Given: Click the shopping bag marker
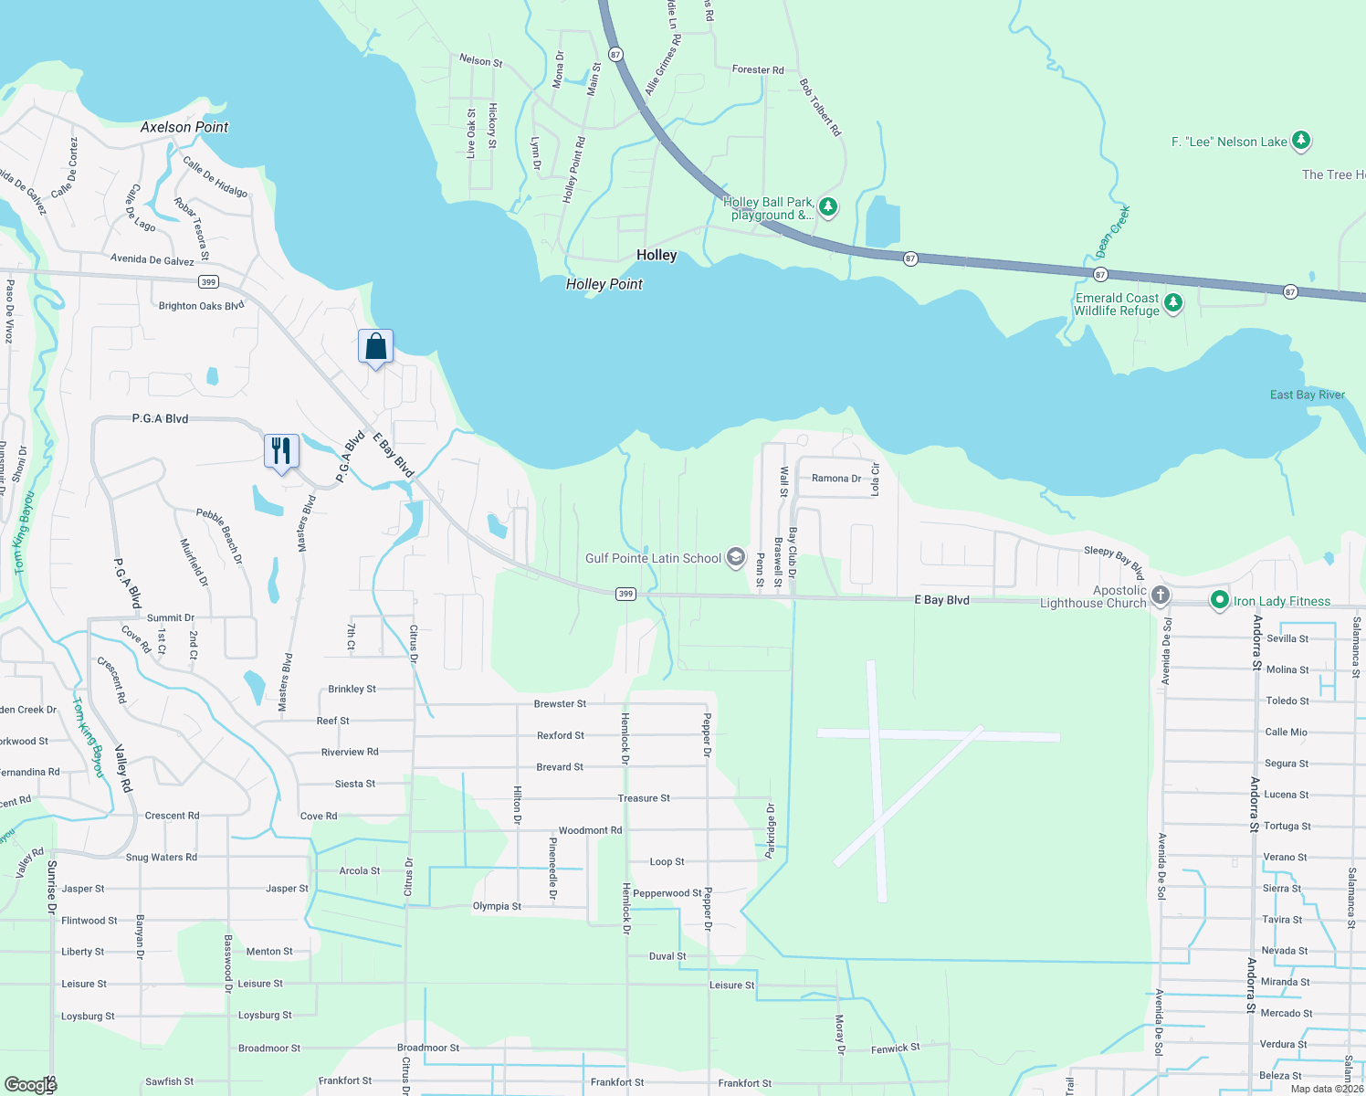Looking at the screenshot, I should pyautogui.click(x=375, y=347).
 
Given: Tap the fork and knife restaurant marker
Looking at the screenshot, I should pyautogui.click(x=281, y=451).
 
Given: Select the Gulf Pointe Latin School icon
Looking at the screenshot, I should pyautogui.click(x=736, y=558).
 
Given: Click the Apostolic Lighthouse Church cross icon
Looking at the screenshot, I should pyautogui.click(x=1160, y=596).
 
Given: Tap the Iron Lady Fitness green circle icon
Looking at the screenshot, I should pyautogui.click(x=1219, y=600).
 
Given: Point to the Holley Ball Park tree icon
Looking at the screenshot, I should pyautogui.click(x=828, y=207).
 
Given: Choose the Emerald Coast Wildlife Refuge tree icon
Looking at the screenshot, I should pyautogui.click(x=1173, y=303).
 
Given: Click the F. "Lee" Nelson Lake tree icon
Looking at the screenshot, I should pyautogui.click(x=1301, y=141).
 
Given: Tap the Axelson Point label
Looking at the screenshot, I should pyautogui.click(x=184, y=127).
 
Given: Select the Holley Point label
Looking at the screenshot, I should pyautogui.click(x=604, y=284).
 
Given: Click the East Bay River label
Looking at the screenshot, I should pyautogui.click(x=1307, y=395).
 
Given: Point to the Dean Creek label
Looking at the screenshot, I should pyautogui.click(x=1113, y=232).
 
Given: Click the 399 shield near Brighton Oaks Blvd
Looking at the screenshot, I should pyautogui.click(x=209, y=282).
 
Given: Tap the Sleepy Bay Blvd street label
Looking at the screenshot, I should pyautogui.click(x=1114, y=563).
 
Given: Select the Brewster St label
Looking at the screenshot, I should pyautogui.click(x=560, y=704).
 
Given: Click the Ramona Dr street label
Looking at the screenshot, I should pyautogui.click(x=836, y=479).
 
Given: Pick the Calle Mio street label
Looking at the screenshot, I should pyautogui.click(x=1286, y=732).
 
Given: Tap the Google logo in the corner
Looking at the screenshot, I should pyautogui.click(x=30, y=1084).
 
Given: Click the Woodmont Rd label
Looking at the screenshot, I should pyautogui.click(x=590, y=830).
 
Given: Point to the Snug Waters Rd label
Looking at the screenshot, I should pyautogui.click(x=161, y=858).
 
